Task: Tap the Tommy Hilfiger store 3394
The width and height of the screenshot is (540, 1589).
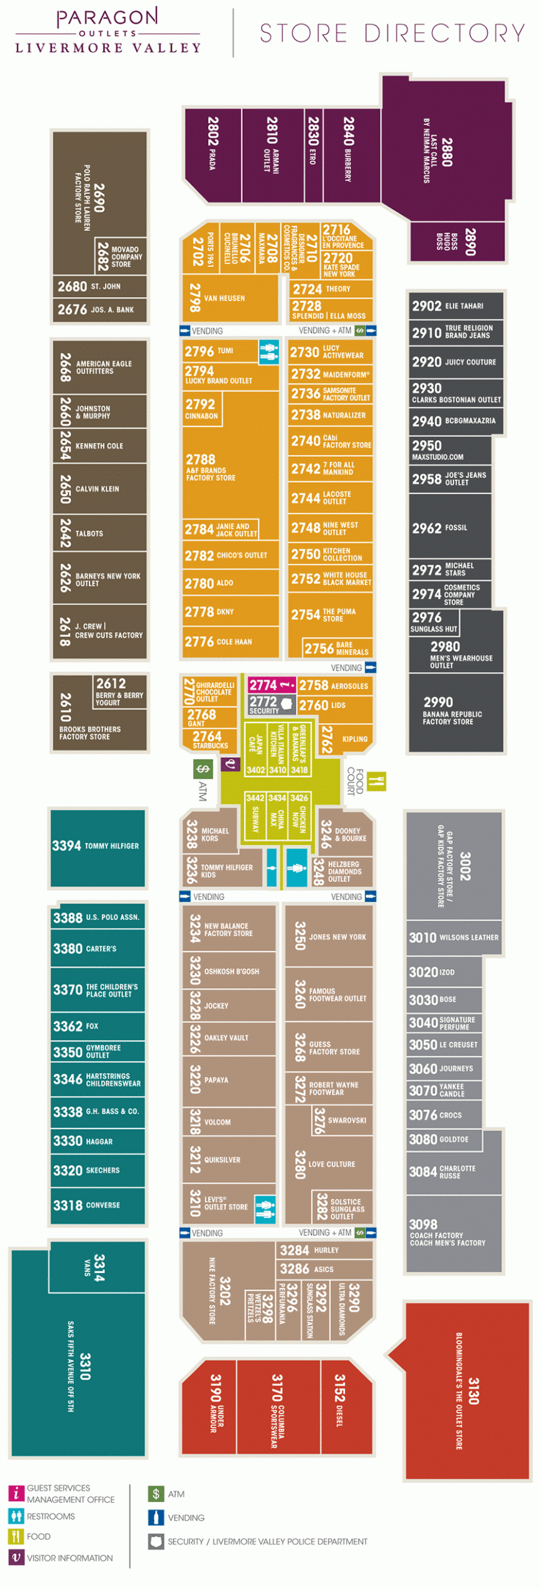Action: [97, 845]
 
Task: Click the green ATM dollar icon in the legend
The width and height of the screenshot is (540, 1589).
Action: [156, 1493]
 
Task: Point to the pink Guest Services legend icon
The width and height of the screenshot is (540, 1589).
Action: [16, 1493]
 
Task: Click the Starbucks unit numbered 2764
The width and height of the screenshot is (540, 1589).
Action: [209, 739]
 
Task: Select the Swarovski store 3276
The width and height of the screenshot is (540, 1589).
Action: [341, 1120]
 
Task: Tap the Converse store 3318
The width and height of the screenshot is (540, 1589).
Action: [97, 1205]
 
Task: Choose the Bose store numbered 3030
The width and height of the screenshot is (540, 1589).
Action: [442, 999]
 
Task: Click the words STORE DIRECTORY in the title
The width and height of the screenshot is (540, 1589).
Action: [392, 34]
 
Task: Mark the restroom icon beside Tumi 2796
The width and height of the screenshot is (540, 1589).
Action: [268, 351]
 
